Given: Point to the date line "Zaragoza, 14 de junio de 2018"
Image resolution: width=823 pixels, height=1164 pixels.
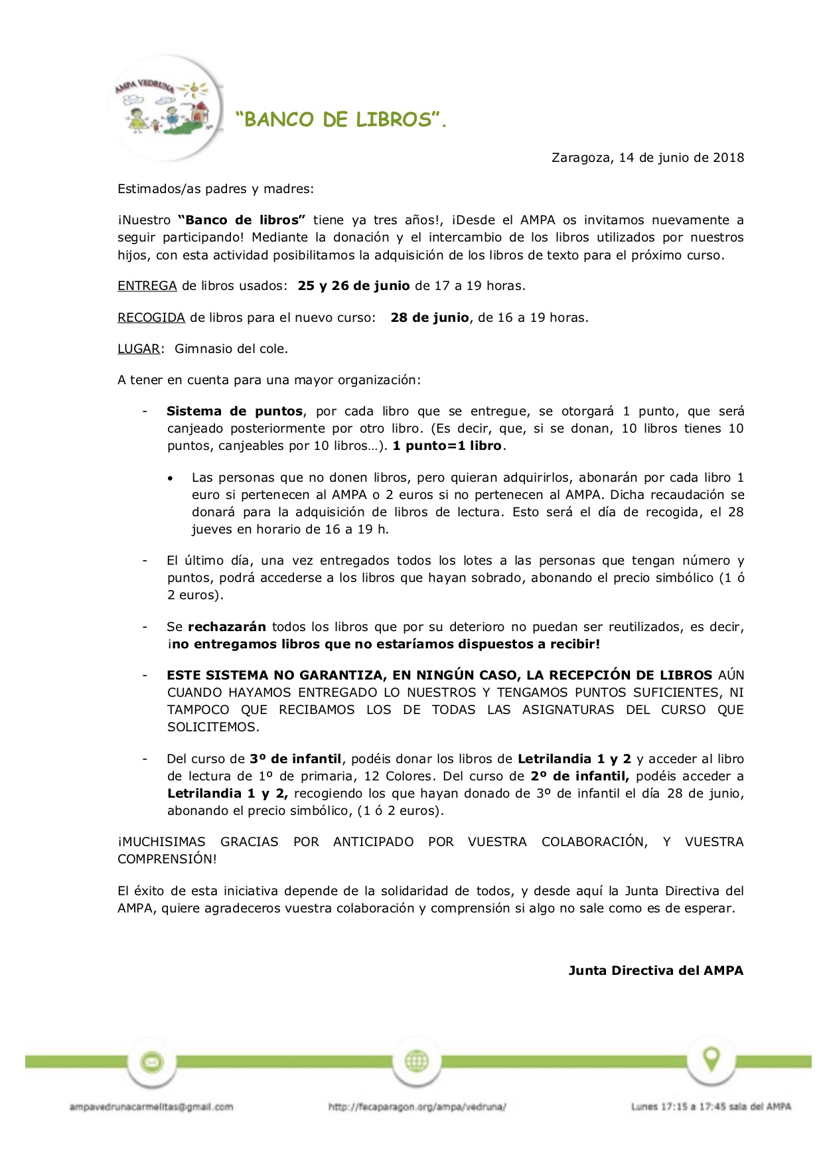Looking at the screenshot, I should [x=648, y=158].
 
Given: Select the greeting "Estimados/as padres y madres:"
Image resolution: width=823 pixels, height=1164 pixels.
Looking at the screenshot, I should [x=216, y=189].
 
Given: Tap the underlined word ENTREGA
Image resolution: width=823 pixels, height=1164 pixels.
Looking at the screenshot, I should [x=147, y=286].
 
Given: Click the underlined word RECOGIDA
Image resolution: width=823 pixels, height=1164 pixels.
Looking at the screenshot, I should [x=151, y=318].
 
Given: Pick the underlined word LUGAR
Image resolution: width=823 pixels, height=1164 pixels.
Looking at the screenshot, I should [x=139, y=349].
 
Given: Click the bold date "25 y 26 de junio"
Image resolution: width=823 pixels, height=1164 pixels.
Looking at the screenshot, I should [x=354, y=286].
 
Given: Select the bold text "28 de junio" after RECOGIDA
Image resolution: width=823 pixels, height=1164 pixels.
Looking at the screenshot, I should [x=430, y=318].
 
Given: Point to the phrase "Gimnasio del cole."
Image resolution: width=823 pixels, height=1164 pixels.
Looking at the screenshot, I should [x=231, y=349].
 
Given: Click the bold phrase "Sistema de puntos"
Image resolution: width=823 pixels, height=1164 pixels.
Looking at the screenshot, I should [x=235, y=411].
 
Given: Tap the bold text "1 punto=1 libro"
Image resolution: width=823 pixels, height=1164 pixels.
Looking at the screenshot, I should [x=447, y=446].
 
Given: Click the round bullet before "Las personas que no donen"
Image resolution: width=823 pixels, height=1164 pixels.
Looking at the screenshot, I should [x=171, y=478].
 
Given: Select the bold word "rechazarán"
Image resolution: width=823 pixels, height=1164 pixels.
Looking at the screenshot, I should [x=227, y=627].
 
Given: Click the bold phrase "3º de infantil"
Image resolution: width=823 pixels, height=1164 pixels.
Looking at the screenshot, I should [x=295, y=759].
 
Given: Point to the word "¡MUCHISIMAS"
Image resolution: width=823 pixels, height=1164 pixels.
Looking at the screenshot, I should [x=161, y=842].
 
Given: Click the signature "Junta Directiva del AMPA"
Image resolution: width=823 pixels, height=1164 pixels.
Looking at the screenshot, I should [x=656, y=971].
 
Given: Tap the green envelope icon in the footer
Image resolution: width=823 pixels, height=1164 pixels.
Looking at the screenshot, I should [x=152, y=1062].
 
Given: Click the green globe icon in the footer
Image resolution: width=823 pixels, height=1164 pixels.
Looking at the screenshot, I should [x=417, y=1062].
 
